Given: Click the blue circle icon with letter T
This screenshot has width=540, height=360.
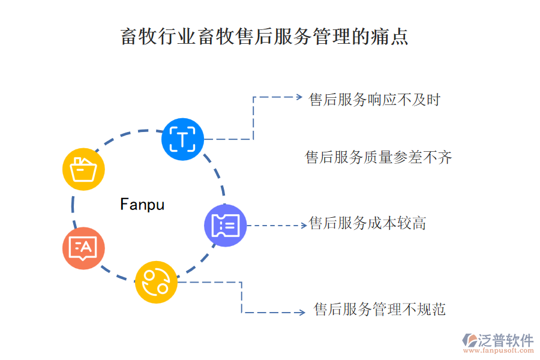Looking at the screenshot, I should point(182,139).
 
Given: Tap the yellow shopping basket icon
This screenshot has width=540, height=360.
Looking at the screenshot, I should point(83,169).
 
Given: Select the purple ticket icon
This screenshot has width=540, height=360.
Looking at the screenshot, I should point(225,225).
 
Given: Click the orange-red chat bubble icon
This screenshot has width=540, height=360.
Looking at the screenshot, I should point(83,248).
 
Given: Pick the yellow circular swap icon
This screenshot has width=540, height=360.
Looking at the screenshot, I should point(156,282).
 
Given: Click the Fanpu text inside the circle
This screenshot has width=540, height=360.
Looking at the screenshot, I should point(142,205).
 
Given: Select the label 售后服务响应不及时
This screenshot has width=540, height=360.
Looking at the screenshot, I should point(375,100).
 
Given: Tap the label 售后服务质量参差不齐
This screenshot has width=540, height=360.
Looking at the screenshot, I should point(379,158).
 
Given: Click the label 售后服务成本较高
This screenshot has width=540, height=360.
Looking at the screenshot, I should point(368,224).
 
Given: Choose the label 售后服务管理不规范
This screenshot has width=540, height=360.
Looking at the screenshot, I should point(380,310).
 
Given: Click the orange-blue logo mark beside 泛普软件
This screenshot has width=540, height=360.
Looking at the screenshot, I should point(469,341).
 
